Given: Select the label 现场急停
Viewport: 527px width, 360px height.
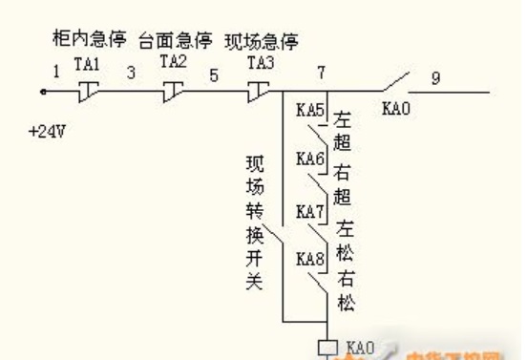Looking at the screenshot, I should point(262,41).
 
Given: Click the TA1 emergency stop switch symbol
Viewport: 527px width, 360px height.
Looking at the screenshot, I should point(88,90).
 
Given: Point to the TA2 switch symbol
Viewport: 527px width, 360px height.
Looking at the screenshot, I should point(173,90).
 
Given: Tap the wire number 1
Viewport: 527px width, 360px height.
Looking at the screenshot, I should point(55,71).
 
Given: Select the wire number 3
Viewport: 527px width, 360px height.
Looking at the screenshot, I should point(130,72).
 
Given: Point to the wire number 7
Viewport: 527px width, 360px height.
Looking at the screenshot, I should point(321,74).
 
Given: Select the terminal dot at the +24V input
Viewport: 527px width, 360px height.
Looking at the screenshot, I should point(43,92).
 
